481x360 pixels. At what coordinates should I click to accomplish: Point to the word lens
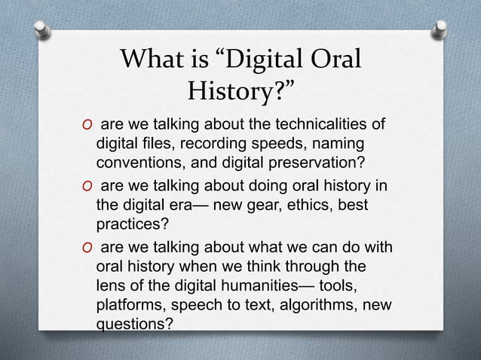click(x=110, y=286)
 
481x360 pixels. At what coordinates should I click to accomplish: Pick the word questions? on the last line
click(x=133, y=324)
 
